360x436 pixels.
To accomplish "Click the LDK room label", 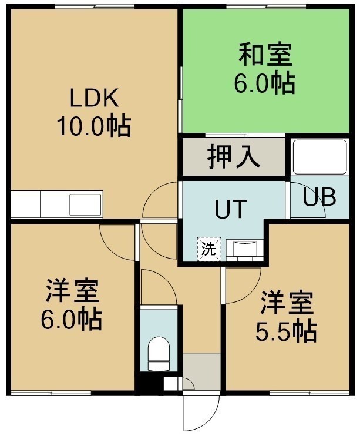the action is click(x=94, y=98).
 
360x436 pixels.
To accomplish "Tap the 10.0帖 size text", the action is click(x=94, y=126).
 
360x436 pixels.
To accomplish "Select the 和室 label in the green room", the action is click(x=265, y=54).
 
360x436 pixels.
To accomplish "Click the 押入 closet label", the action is click(x=234, y=157).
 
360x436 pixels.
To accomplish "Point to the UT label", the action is click(x=231, y=209).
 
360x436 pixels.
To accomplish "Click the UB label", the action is click(x=319, y=197).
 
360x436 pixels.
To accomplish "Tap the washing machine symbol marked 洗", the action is click(x=209, y=249).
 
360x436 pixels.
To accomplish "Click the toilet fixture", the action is click(x=159, y=354).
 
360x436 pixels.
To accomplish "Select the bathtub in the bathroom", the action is click(x=320, y=157).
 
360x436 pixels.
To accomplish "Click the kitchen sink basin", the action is click(x=85, y=204).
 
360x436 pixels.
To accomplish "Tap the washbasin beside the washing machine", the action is click(x=244, y=249).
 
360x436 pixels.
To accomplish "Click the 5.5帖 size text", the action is click(x=287, y=332).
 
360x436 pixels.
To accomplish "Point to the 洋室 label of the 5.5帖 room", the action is click(x=287, y=303).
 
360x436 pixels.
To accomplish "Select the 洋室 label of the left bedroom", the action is click(x=72, y=290).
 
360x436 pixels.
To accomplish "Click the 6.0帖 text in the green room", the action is click(x=265, y=83).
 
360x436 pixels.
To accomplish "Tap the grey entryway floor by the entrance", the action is click(x=202, y=371).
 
